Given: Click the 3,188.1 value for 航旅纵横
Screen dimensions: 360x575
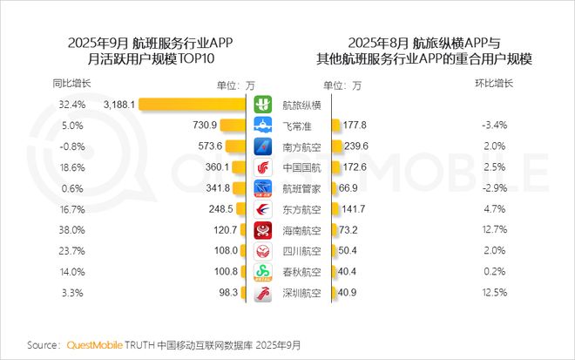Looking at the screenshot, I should pyautogui.click(x=118, y=104).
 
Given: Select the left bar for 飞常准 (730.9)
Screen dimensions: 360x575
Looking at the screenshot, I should pyautogui.click(x=240, y=125).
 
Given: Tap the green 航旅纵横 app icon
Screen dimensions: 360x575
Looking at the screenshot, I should pyautogui.click(x=263, y=104).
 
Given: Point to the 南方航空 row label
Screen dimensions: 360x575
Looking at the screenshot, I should pyautogui.click(x=301, y=146).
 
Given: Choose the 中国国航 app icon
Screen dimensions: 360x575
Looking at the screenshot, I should pyautogui.click(x=263, y=166).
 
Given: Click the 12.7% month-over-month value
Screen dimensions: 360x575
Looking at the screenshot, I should pyautogui.click(x=493, y=230).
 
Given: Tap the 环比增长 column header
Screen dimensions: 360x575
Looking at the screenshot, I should pyautogui.click(x=493, y=84).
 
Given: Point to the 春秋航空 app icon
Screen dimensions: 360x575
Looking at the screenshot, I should pyautogui.click(x=263, y=272).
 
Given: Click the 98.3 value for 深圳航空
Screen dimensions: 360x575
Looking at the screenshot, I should pyautogui.click(x=228, y=293).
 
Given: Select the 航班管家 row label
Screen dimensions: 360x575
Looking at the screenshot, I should pyautogui.click(x=301, y=187).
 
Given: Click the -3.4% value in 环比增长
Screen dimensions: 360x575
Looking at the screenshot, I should pyautogui.click(x=493, y=125).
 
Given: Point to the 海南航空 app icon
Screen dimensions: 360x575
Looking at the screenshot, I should pyautogui.click(x=263, y=230).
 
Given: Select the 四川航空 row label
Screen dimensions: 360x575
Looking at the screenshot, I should pyautogui.click(x=301, y=251).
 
